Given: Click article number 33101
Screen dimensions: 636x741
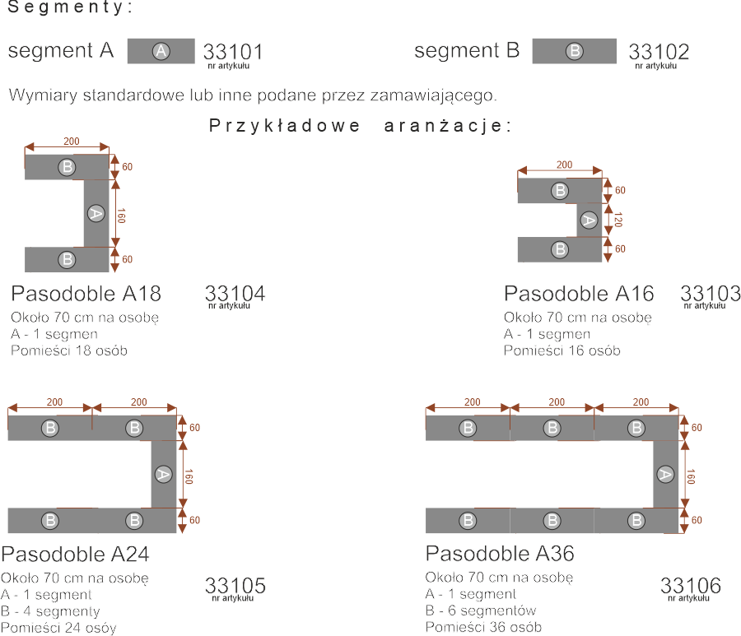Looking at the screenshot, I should pyautogui.click(x=233, y=53).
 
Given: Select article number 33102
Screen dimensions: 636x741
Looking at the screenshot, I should pyautogui.click(x=659, y=53).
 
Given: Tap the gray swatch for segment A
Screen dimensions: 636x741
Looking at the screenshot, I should pyautogui.click(x=161, y=51).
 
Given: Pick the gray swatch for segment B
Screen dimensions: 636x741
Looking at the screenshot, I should pyautogui.click(x=574, y=51).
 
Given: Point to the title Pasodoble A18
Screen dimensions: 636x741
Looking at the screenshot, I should pyautogui.click(x=86, y=294).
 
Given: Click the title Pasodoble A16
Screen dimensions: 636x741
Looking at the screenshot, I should pyautogui.click(x=578, y=294).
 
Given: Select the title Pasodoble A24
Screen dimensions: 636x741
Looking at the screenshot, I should pyautogui.click(x=75, y=553).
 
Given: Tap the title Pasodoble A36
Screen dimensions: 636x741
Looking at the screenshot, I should pyautogui.click(x=500, y=553).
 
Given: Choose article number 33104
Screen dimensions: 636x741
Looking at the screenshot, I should pyautogui.click(x=235, y=294).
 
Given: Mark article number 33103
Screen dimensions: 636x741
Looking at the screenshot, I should pyautogui.click(x=711, y=294).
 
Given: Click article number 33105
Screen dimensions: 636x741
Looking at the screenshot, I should pyautogui.click(x=235, y=586).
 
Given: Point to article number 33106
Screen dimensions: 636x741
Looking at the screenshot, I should pyautogui.click(x=691, y=586).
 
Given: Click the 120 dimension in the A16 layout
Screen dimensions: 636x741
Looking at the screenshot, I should pyautogui.click(x=618, y=220).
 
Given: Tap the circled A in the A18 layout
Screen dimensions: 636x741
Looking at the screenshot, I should pyautogui.click(x=96, y=213).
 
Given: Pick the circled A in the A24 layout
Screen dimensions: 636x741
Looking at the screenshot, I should pyautogui.click(x=163, y=474).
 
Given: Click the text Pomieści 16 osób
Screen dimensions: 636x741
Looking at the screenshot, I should pyautogui.click(x=562, y=350).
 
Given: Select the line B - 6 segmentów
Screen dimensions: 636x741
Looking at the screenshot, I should pyautogui.click(x=481, y=610).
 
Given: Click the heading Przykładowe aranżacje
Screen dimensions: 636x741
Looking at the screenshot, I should pyautogui.click(x=361, y=126).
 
